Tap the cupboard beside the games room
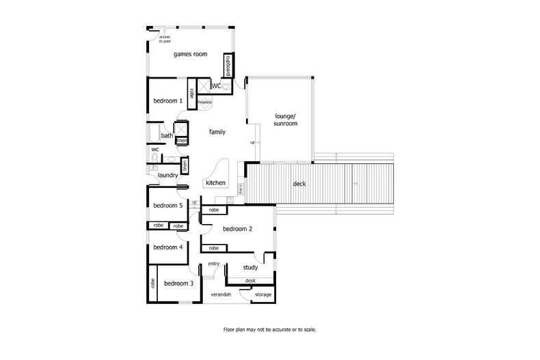[x=228, y=66]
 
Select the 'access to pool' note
[x=165, y=39]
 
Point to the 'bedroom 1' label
[x=167, y=101]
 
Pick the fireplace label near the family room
[x=205, y=102]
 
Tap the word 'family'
[x=217, y=132]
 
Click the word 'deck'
[x=299, y=184]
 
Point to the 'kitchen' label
[x=216, y=183]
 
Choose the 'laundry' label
[x=168, y=176]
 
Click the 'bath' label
[x=167, y=136]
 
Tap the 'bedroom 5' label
[x=167, y=206]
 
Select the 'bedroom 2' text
[x=238, y=229]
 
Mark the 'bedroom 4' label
[x=167, y=247]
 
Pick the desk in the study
[x=250, y=281]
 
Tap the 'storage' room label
[x=263, y=294]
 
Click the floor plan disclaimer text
[x=270, y=329]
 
